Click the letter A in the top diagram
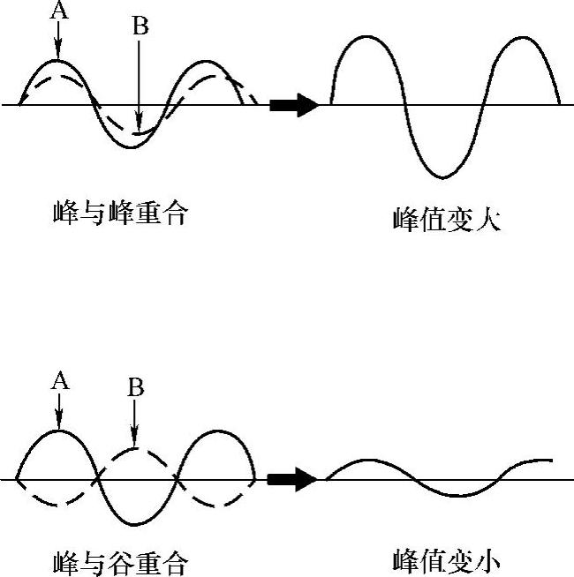(x=59, y=11)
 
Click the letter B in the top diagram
(x=140, y=26)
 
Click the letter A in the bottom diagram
(x=59, y=380)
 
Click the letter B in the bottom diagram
(x=135, y=388)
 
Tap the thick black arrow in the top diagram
(x=294, y=105)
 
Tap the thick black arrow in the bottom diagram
(x=292, y=480)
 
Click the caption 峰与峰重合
(x=120, y=213)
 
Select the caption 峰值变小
(x=447, y=561)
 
